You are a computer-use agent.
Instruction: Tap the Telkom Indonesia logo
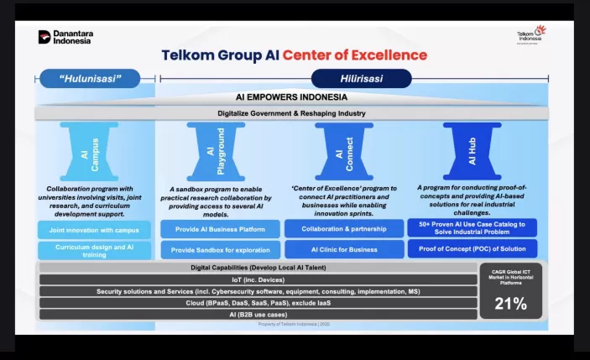click(x=530, y=36)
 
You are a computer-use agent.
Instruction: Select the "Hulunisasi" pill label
click(x=91, y=79)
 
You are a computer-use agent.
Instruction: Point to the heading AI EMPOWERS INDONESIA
click(x=291, y=97)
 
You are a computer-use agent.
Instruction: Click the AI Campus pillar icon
click(x=94, y=151)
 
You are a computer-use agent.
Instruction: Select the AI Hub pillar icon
click(x=472, y=151)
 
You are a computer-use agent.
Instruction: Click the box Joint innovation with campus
click(x=94, y=229)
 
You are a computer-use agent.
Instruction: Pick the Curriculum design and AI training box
click(x=94, y=250)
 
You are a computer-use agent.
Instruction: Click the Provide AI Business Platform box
click(x=219, y=229)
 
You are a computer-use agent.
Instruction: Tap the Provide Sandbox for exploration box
click(x=219, y=250)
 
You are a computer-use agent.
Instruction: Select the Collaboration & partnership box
click(x=343, y=228)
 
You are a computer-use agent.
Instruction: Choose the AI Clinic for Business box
click(x=343, y=249)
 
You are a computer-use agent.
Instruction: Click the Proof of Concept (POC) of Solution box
click(x=472, y=249)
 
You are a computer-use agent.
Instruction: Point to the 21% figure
click(x=510, y=304)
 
